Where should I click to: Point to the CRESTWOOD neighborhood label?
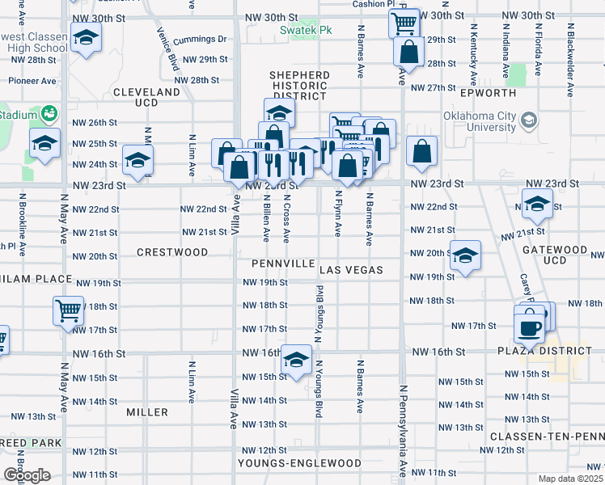tap(171, 252)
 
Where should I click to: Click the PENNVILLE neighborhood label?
tap(282, 264)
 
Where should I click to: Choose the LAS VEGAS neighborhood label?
tap(350, 269)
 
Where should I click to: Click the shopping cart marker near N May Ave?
tap(69, 310)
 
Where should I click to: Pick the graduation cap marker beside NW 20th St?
tap(465, 255)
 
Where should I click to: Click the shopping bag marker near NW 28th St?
tap(410, 53)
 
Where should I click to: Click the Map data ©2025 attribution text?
tap(570, 479)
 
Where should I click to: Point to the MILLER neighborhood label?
tap(147, 412)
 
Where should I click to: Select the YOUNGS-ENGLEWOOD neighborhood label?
tap(299, 463)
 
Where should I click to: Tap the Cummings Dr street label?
tap(204, 39)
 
